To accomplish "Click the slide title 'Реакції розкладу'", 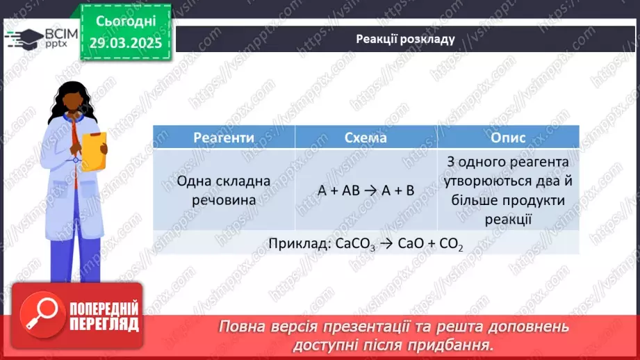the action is pos(405,39).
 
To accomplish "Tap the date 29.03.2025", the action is pos(126,43).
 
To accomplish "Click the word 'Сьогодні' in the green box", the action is pos(126,22).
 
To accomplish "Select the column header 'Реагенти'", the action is pos(224,138).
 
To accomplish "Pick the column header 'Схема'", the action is pos(366,138).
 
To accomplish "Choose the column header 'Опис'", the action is pos(508,138).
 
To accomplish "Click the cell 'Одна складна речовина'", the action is pos(224,190).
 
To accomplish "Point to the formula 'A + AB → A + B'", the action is pos(366,190).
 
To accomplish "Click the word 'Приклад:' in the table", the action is pos(300,244).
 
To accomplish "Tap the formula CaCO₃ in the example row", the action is pos(355,244).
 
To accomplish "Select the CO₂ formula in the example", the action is pos(451,244).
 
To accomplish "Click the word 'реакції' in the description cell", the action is pos(508,219).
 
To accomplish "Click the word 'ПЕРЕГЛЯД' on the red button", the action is pos(104,325).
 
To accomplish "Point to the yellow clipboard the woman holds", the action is pos(94,151).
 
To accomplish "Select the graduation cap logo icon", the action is pos(25,39).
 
